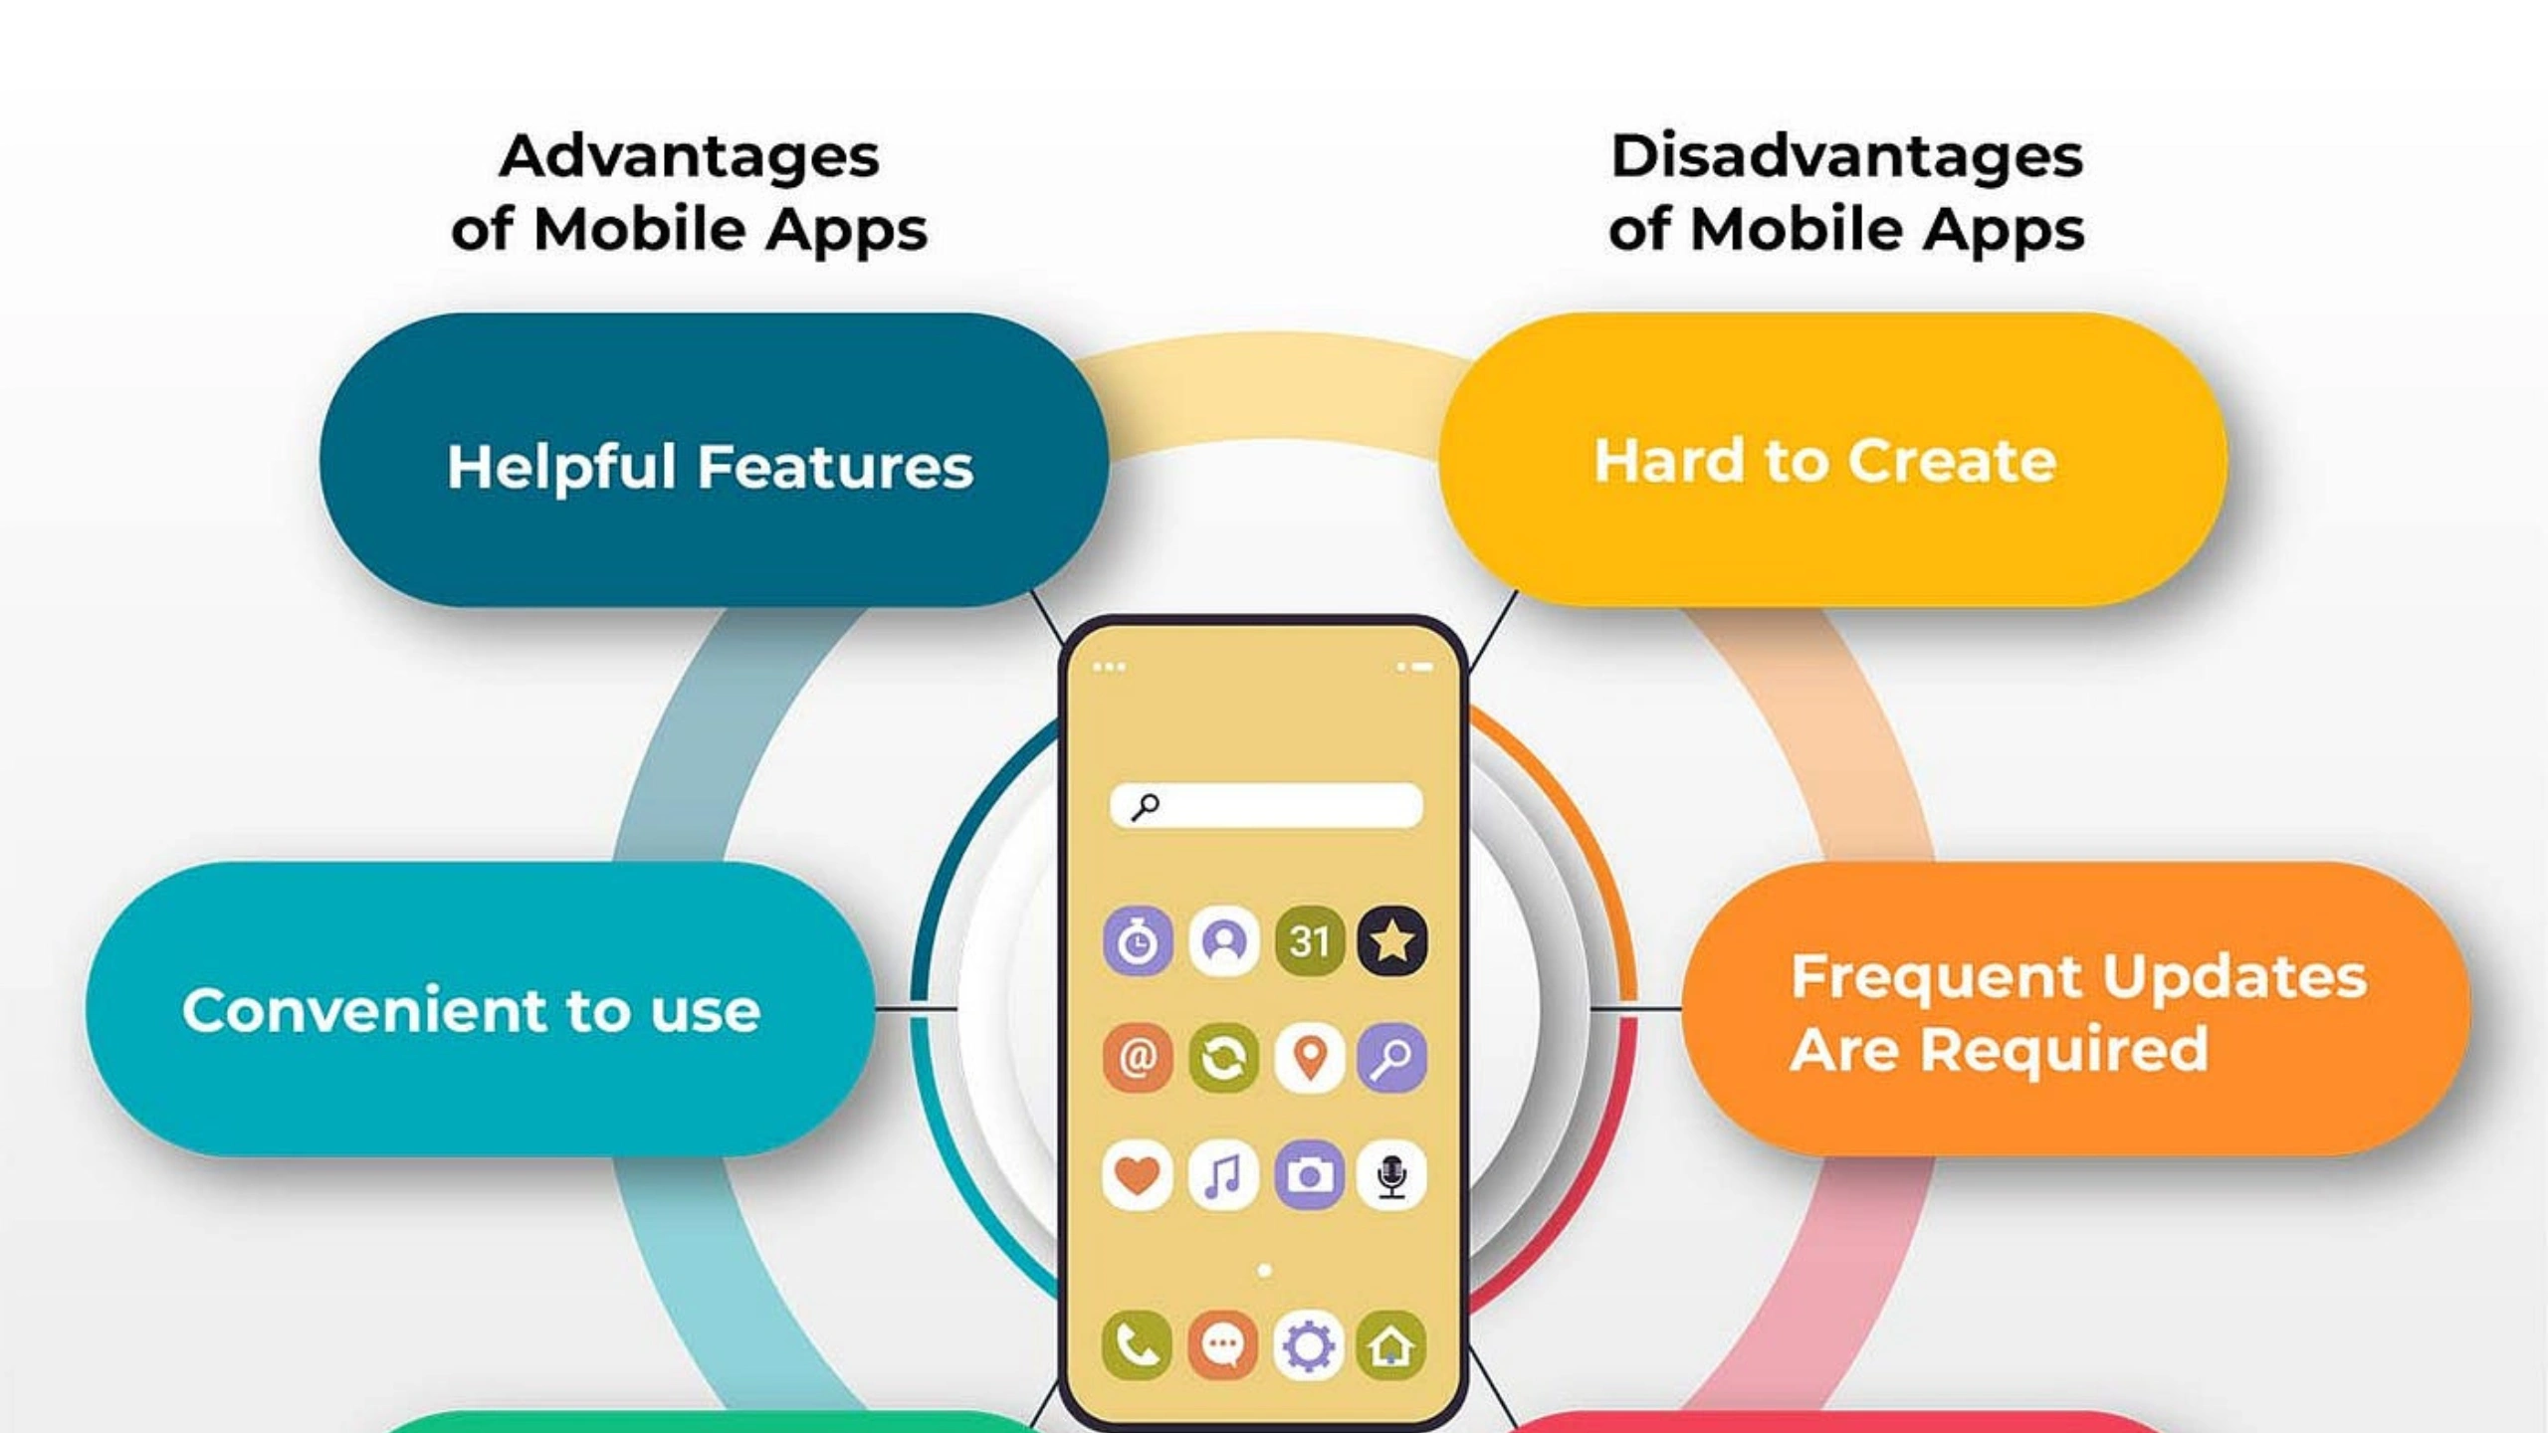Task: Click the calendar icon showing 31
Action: click(1309, 940)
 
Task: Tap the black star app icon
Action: click(1392, 940)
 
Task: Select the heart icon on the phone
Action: click(1138, 1175)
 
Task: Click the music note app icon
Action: click(1223, 1175)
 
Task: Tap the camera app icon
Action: click(1309, 1175)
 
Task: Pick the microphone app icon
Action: click(1392, 1175)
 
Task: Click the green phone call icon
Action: click(1138, 1345)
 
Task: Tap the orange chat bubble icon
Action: click(1223, 1345)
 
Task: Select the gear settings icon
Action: click(1309, 1345)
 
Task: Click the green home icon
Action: click(1392, 1345)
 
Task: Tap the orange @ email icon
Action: click(1138, 1058)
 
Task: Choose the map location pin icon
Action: click(1309, 1058)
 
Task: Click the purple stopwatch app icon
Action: click(1138, 940)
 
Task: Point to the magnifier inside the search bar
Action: click(1146, 806)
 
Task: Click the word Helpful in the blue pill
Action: click(562, 467)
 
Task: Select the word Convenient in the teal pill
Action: click(364, 1010)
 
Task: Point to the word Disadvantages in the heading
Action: click(1847, 157)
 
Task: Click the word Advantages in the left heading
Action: click(690, 157)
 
